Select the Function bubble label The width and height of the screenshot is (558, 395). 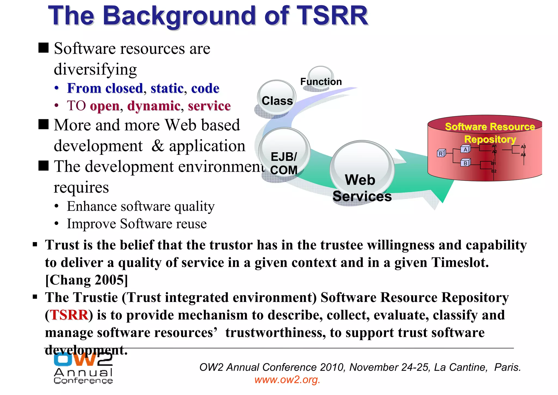tap(321, 82)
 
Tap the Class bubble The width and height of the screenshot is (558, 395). tap(277, 98)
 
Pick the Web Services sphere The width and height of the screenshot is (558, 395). tap(362, 172)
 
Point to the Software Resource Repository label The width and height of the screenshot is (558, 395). tap(490, 133)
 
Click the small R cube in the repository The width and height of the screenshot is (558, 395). tap(441, 153)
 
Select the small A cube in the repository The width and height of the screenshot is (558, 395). tap(465, 149)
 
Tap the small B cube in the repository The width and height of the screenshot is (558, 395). tap(465, 163)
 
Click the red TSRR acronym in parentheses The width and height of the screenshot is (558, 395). tap(69, 315)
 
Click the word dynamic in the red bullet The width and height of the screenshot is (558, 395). tap(154, 106)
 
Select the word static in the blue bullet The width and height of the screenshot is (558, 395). tap(167, 88)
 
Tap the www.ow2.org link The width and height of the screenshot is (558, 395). tap(287, 380)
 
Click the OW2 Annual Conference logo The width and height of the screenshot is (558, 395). tap(83, 369)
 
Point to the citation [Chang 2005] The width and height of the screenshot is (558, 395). tap(86, 280)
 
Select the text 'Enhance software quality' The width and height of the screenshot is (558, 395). tap(141, 206)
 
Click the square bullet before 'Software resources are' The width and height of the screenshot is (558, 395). tap(44, 48)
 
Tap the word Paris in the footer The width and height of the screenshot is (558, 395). tap(507, 367)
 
